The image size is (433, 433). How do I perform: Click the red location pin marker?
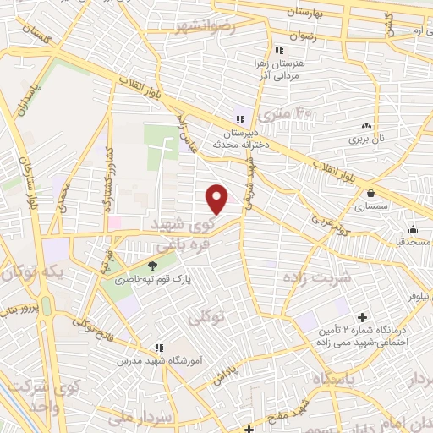(x=217, y=200)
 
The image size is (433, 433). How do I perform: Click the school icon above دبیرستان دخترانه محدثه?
(x=242, y=119)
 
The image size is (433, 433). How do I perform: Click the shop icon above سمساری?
(x=371, y=193)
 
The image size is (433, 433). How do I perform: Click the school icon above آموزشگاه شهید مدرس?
(x=159, y=347)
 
